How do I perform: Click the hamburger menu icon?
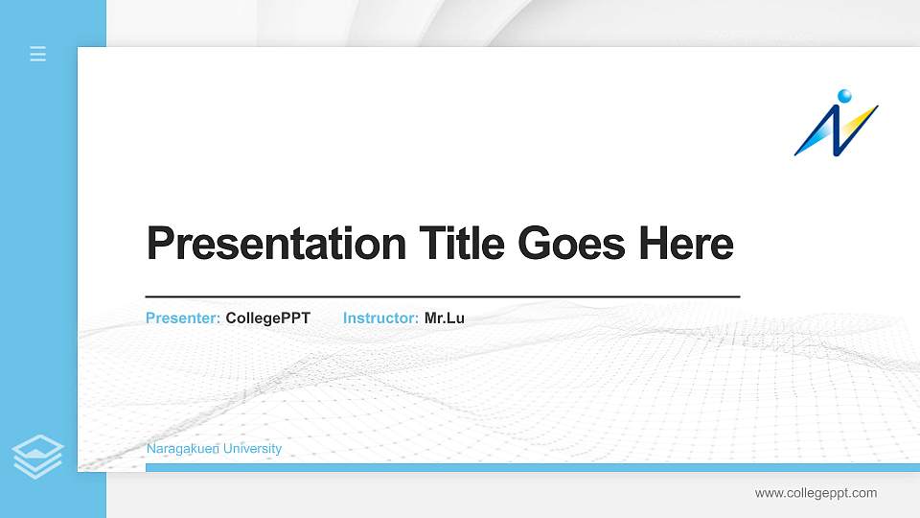[38, 54]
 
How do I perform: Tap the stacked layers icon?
[38, 456]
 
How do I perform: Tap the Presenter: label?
[183, 318]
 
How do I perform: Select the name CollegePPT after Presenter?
[268, 318]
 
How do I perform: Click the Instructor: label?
[380, 318]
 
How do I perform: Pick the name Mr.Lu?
[445, 318]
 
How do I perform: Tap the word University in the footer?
[251, 449]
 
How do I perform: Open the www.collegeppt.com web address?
[816, 493]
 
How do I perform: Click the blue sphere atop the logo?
[844, 95]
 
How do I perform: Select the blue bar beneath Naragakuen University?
[527, 467]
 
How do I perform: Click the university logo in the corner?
[836, 123]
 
